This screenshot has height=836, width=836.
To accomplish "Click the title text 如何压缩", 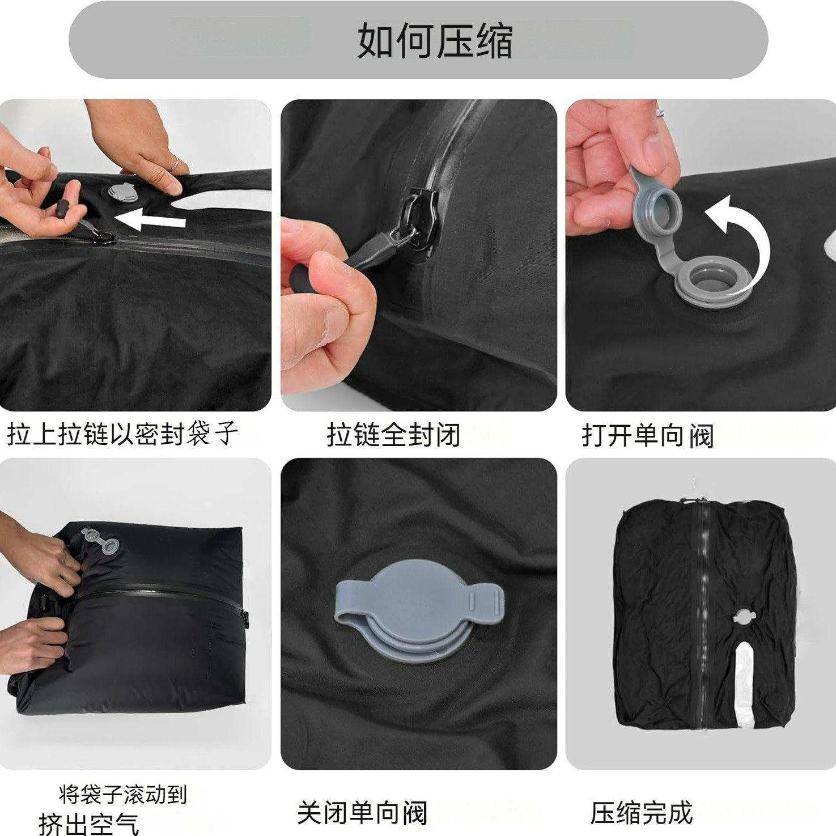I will [x=435, y=41].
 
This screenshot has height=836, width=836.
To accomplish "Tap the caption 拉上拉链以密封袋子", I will [x=122, y=435].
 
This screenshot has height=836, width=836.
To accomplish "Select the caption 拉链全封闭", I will [x=393, y=435].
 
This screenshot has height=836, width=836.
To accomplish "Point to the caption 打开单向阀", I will [x=647, y=435].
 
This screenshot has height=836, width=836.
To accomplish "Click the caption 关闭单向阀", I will [x=362, y=813].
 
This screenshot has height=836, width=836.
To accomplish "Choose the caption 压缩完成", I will [x=641, y=813].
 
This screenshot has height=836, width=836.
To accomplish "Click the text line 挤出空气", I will [x=88, y=823].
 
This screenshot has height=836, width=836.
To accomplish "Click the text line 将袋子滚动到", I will [x=122, y=795].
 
